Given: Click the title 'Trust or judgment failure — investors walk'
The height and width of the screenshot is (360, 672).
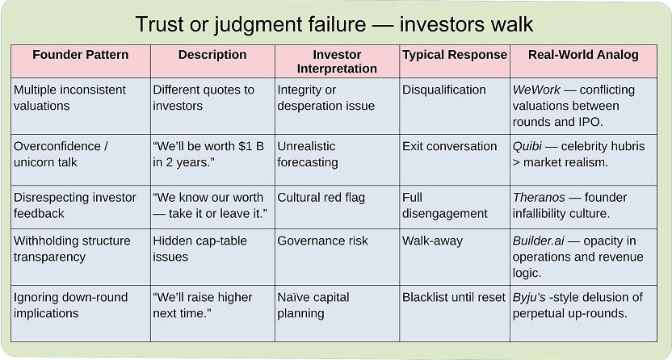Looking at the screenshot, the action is click(x=334, y=24).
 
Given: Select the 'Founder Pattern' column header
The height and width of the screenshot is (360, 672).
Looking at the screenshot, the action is click(x=81, y=55).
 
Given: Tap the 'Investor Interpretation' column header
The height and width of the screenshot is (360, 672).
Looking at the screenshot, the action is click(x=337, y=61).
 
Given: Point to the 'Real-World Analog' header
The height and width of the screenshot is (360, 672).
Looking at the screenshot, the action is click(x=583, y=55).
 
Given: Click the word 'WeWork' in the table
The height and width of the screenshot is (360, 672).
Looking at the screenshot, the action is click(x=536, y=90).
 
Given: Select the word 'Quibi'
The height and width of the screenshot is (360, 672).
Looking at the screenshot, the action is click(x=527, y=146).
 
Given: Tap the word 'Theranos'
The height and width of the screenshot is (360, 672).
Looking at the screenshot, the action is click(x=539, y=197).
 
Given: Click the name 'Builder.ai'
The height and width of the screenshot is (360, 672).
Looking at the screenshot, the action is click(x=538, y=241).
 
